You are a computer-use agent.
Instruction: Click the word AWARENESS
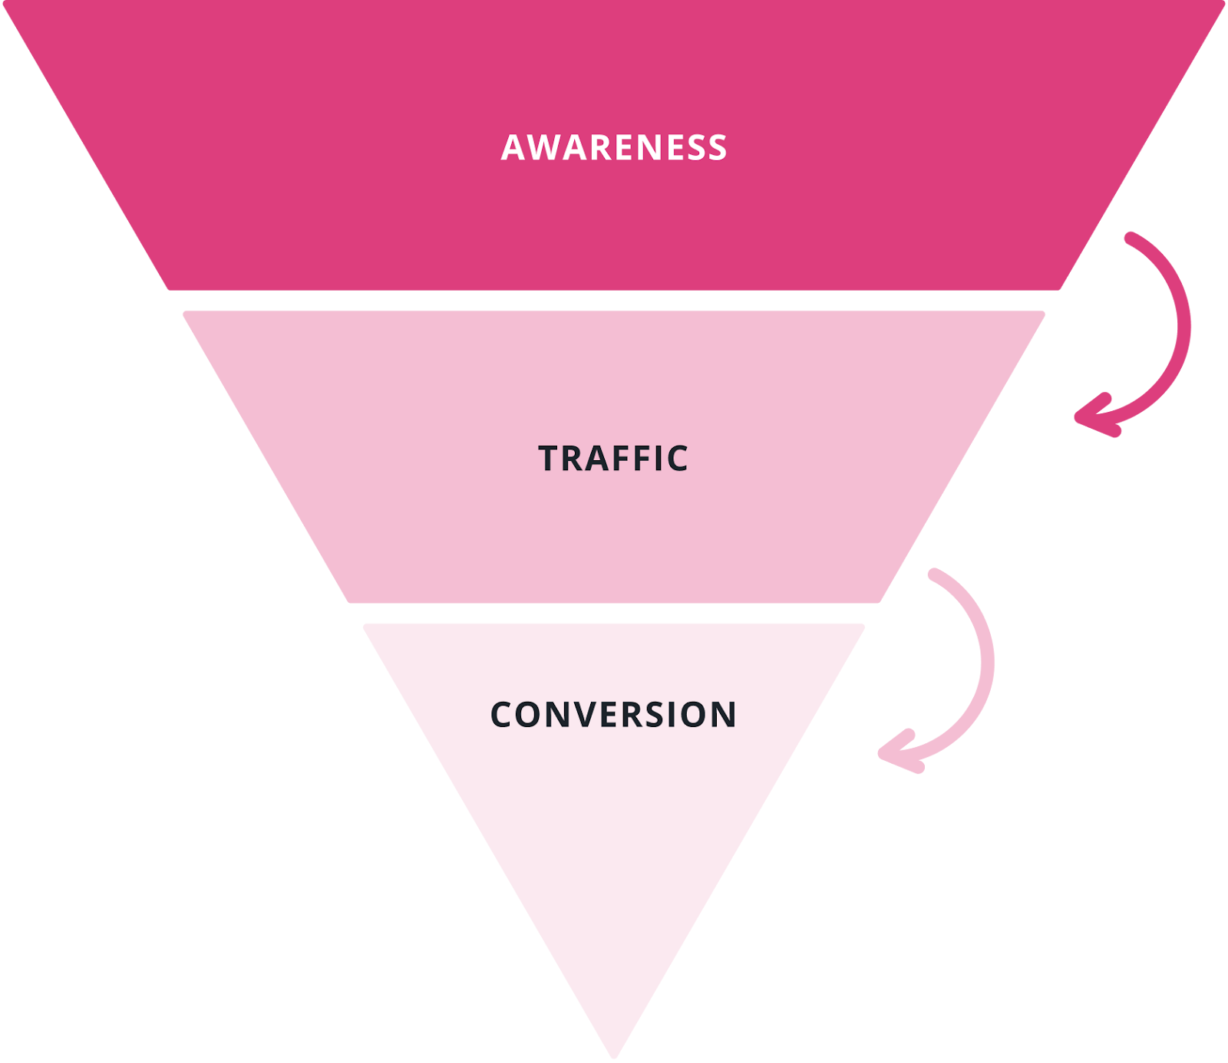[614, 148]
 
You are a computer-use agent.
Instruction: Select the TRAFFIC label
[613, 459]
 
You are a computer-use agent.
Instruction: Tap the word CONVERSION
[613, 715]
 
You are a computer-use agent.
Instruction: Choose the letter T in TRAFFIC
[551, 459]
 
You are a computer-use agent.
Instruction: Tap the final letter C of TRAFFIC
[676, 459]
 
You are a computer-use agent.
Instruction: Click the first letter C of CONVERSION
[502, 715]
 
